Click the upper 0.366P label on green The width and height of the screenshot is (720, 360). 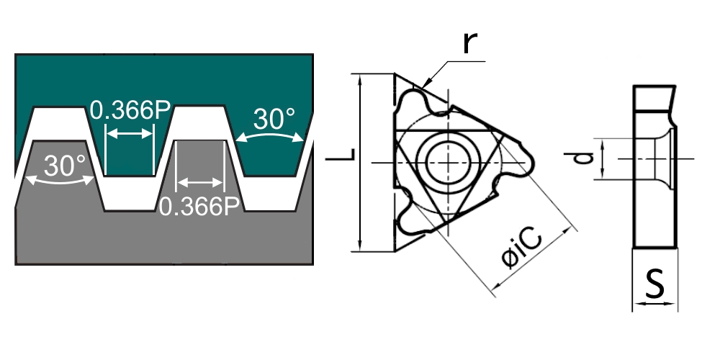coord(130,112)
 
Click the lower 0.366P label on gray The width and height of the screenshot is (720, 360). coord(199,207)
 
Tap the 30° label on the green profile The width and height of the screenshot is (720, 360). coord(274,119)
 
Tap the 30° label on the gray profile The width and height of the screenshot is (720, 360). coord(65,166)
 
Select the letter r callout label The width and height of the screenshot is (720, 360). coord(469,44)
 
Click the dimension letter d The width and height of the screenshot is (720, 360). coord(589,158)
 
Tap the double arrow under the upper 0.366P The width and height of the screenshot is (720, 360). coord(130,133)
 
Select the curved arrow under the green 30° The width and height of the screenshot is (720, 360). coord(274,137)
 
